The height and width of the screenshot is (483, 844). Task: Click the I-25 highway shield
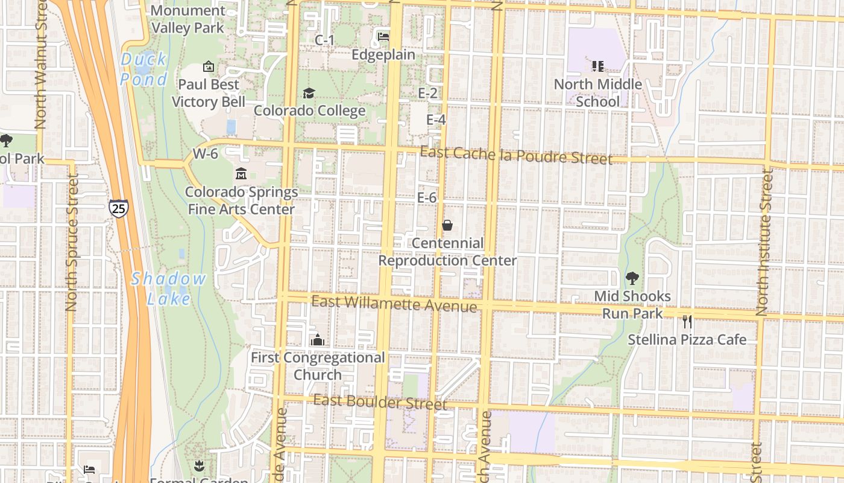119,208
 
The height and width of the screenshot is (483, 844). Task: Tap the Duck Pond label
143,69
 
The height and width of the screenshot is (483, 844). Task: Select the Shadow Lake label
168,288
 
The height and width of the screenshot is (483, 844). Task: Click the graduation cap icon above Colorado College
309,93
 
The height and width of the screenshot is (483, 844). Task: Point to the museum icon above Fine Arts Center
241,174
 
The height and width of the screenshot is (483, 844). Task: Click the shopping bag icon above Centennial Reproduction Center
447,225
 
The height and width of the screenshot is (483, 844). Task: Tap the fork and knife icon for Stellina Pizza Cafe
687,322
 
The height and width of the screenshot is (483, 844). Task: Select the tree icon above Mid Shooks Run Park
632,278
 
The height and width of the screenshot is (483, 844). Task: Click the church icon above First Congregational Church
317,340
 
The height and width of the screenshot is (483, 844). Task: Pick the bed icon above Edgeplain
383,37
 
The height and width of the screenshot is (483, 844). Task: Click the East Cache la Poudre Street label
516,155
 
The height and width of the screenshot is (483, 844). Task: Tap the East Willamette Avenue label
394,304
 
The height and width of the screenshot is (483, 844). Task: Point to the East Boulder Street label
380,401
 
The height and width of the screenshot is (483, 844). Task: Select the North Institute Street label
765,241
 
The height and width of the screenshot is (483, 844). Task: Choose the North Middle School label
597,92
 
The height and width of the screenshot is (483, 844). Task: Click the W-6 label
205,154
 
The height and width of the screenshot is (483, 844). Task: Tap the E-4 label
436,120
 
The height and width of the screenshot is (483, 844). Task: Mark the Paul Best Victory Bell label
209,93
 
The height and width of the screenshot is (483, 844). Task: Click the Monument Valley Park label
187,19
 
